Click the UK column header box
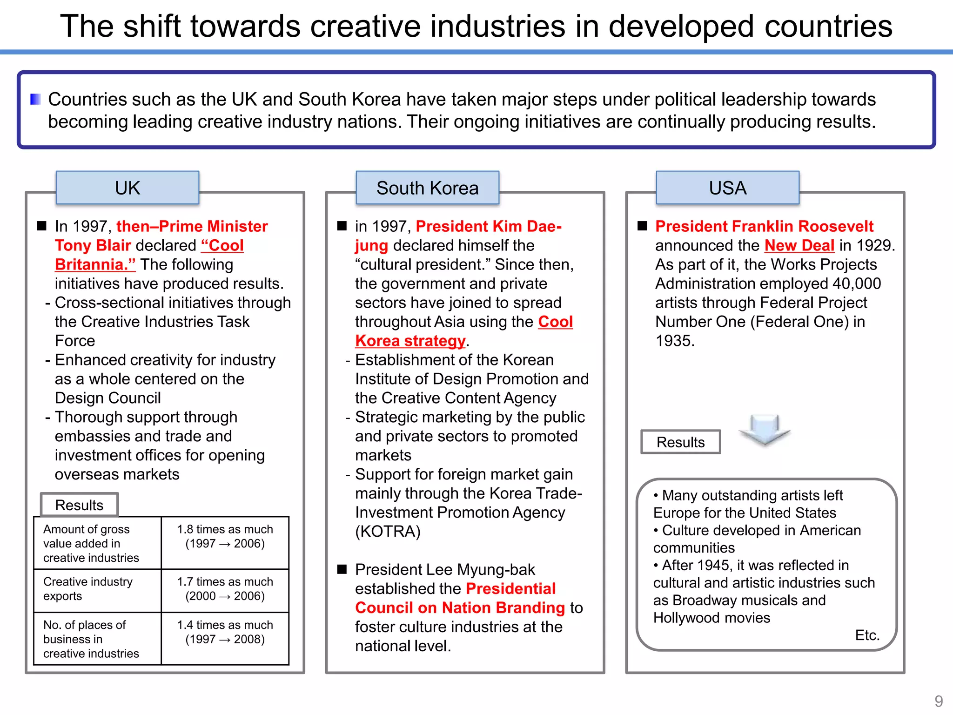127,188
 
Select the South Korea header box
427,188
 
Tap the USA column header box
727,188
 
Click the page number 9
939,701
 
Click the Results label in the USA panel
680,442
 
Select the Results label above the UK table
79,505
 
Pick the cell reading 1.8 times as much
225,537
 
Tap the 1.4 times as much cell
225,632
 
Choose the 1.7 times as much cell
225,589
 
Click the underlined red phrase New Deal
799,245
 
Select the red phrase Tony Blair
93,245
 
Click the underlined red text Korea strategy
410,341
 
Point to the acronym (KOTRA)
388,532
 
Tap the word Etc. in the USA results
867,635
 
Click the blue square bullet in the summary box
35,99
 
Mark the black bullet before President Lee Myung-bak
342,569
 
